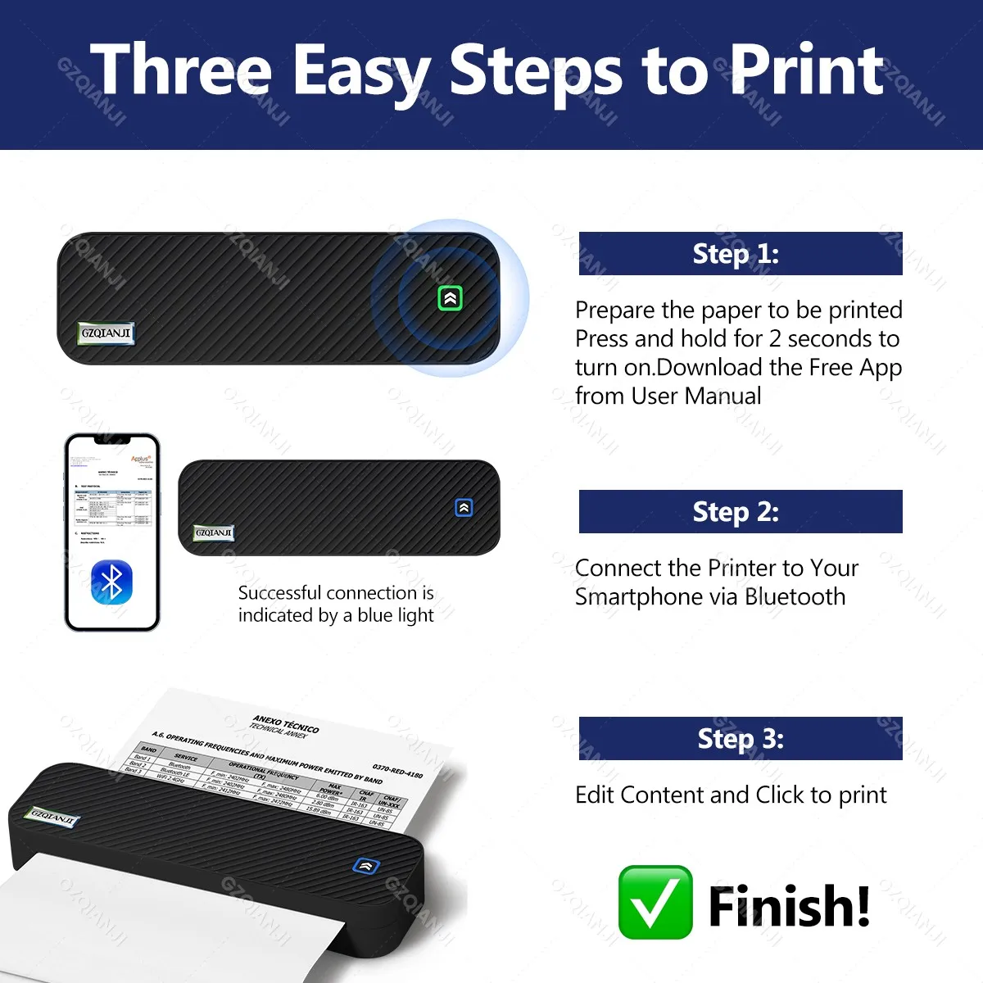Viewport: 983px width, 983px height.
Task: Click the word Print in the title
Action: click(x=806, y=70)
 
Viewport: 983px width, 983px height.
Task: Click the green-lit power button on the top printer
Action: click(x=450, y=298)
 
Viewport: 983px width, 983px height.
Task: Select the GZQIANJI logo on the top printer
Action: click(x=106, y=333)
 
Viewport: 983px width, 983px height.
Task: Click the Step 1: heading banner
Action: click(x=741, y=254)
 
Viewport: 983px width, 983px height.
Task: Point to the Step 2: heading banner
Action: click(x=741, y=512)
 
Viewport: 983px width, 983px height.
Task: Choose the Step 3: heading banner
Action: click(x=741, y=739)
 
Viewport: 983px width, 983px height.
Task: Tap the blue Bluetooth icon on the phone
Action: click(x=111, y=582)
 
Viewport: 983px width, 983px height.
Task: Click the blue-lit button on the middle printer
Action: click(x=464, y=508)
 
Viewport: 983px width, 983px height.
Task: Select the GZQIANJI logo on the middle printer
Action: click(x=214, y=532)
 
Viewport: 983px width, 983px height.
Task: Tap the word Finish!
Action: click(x=788, y=906)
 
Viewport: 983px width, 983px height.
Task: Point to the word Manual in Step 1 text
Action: click(x=723, y=396)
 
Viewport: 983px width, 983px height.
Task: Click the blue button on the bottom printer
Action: click(x=365, y=865)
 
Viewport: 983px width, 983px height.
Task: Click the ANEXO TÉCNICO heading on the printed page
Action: click(x=286, y=723)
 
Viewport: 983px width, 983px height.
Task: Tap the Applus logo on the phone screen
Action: click(x=140, y=460)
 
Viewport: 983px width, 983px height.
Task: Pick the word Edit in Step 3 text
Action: click(x=595, y=795)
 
